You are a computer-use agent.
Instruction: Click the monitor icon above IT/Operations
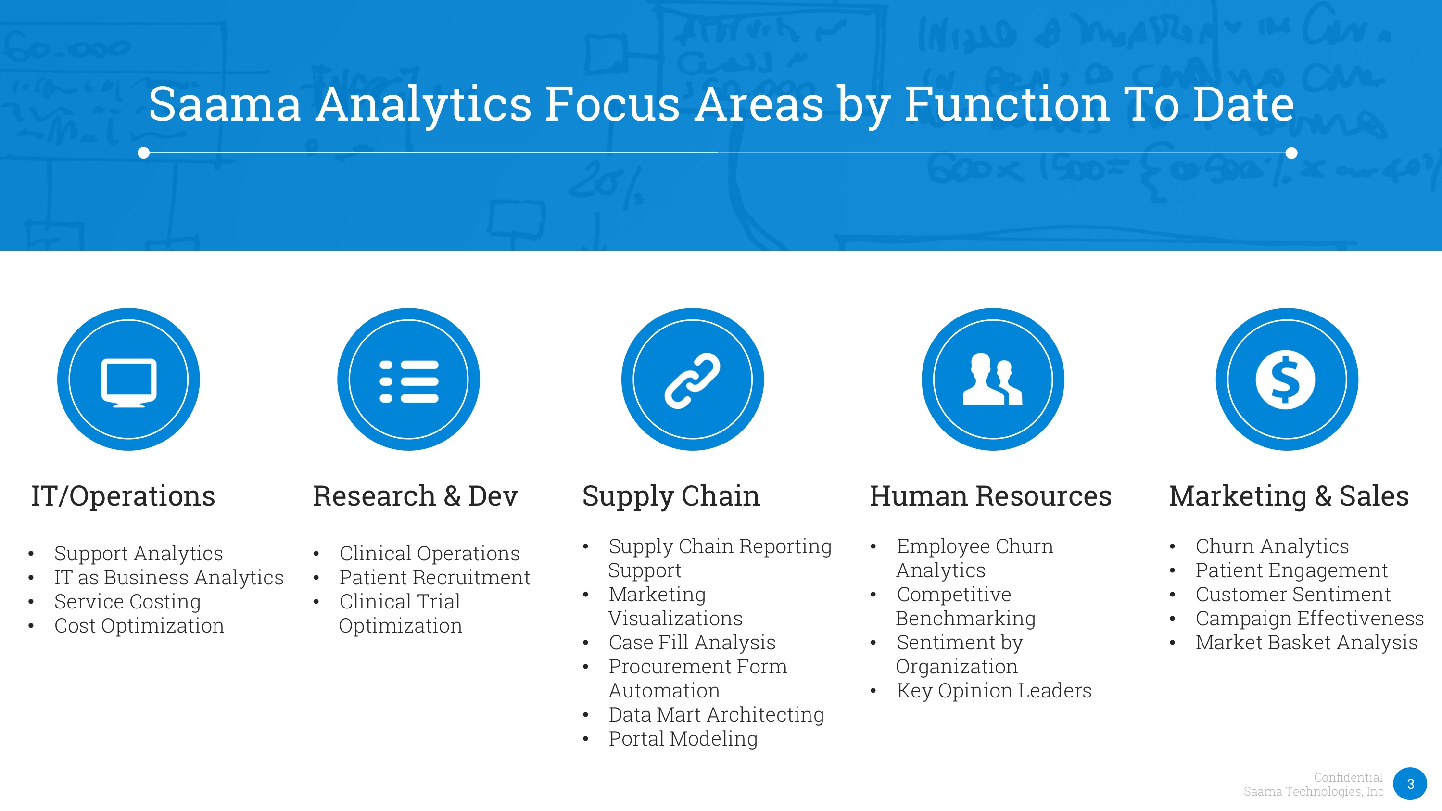[129, 382]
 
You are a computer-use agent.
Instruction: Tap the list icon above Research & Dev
[409, 382]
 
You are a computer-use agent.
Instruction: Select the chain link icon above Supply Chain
[693, 380]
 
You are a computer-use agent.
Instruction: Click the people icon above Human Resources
[992, 379]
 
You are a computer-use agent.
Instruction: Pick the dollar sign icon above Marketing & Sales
[1286, 380]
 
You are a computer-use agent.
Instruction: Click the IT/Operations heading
[123, 496]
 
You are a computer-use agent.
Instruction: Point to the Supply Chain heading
[671, 496]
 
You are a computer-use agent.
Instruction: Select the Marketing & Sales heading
[1289, 496]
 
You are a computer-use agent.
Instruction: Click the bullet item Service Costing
[127, 602]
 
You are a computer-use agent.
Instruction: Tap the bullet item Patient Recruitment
[434, 578]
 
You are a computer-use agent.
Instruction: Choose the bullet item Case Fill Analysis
[692, 643]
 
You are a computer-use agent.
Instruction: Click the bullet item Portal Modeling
[683, 739]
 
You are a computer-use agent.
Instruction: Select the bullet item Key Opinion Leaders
[994, 691]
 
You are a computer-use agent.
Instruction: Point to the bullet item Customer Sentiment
[1293, 595]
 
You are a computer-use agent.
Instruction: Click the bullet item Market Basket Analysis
[1306, 643]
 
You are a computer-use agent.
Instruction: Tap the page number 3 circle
[1410, 784]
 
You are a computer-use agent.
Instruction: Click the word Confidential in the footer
[1348, 777]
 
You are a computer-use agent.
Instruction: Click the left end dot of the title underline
[144, 153]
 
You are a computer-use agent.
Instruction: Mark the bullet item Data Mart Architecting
[716, 715]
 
